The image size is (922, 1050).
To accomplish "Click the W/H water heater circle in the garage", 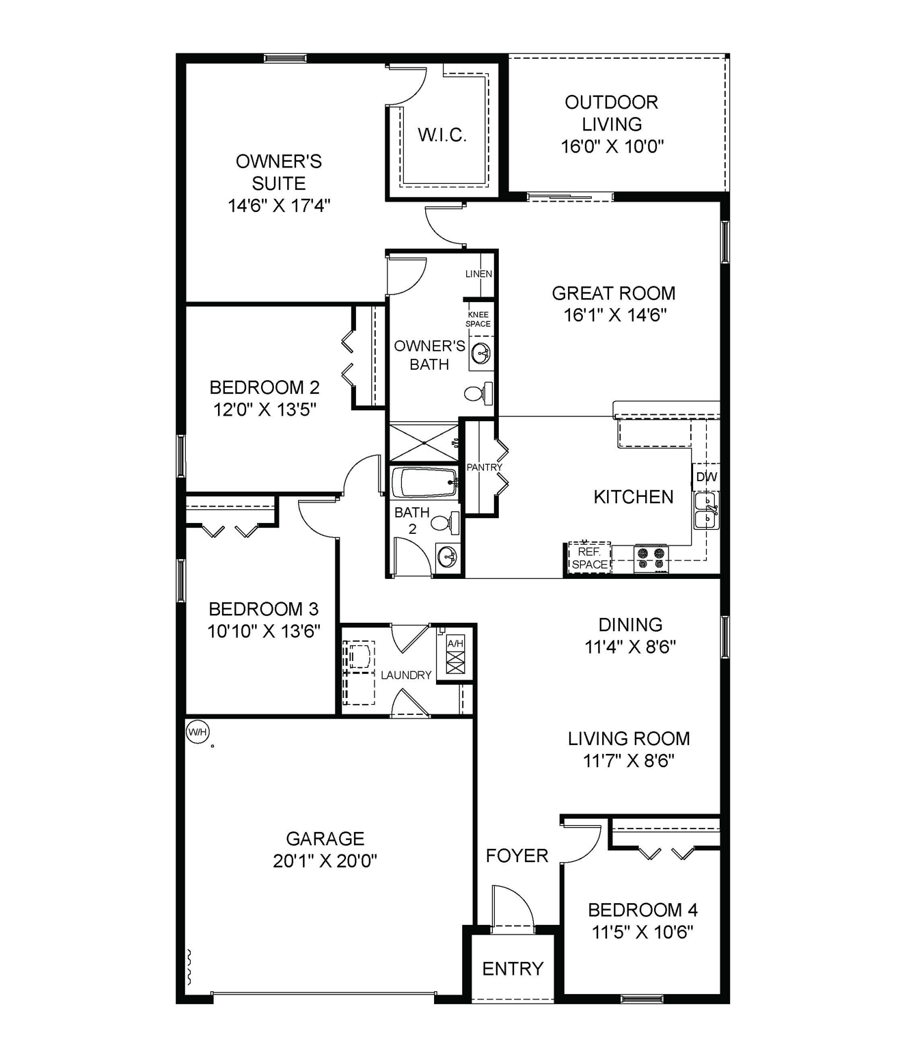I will [x=198, y=732].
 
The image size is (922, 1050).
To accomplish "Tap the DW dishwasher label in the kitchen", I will [x=706, y=477].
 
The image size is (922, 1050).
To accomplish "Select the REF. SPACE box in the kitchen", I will [x=589, y=558].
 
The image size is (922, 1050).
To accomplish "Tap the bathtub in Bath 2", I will [x=424, y=483].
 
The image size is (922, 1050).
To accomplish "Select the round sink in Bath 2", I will [x=448, y=556].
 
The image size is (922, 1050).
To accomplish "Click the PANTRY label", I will [x=484, y=468].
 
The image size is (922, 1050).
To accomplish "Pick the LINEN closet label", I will [x=478, y=274].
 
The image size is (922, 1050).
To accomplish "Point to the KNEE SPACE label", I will [x=478, y=319].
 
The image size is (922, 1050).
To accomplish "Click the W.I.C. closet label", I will [x=442, y=135].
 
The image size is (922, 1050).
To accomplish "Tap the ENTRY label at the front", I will [x=513, y=969].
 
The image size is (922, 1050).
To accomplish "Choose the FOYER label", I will [x=517, y=856].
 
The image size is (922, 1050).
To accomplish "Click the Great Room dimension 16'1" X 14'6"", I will [x=614, y=315].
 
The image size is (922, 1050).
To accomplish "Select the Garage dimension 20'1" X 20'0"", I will [x=325, y=861].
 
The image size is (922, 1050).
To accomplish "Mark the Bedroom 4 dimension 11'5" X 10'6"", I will [x=642, y=932].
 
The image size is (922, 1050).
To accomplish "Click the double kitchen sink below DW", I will [x=707, y=511].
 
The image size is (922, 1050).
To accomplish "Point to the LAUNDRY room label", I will [x=406, y=675].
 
